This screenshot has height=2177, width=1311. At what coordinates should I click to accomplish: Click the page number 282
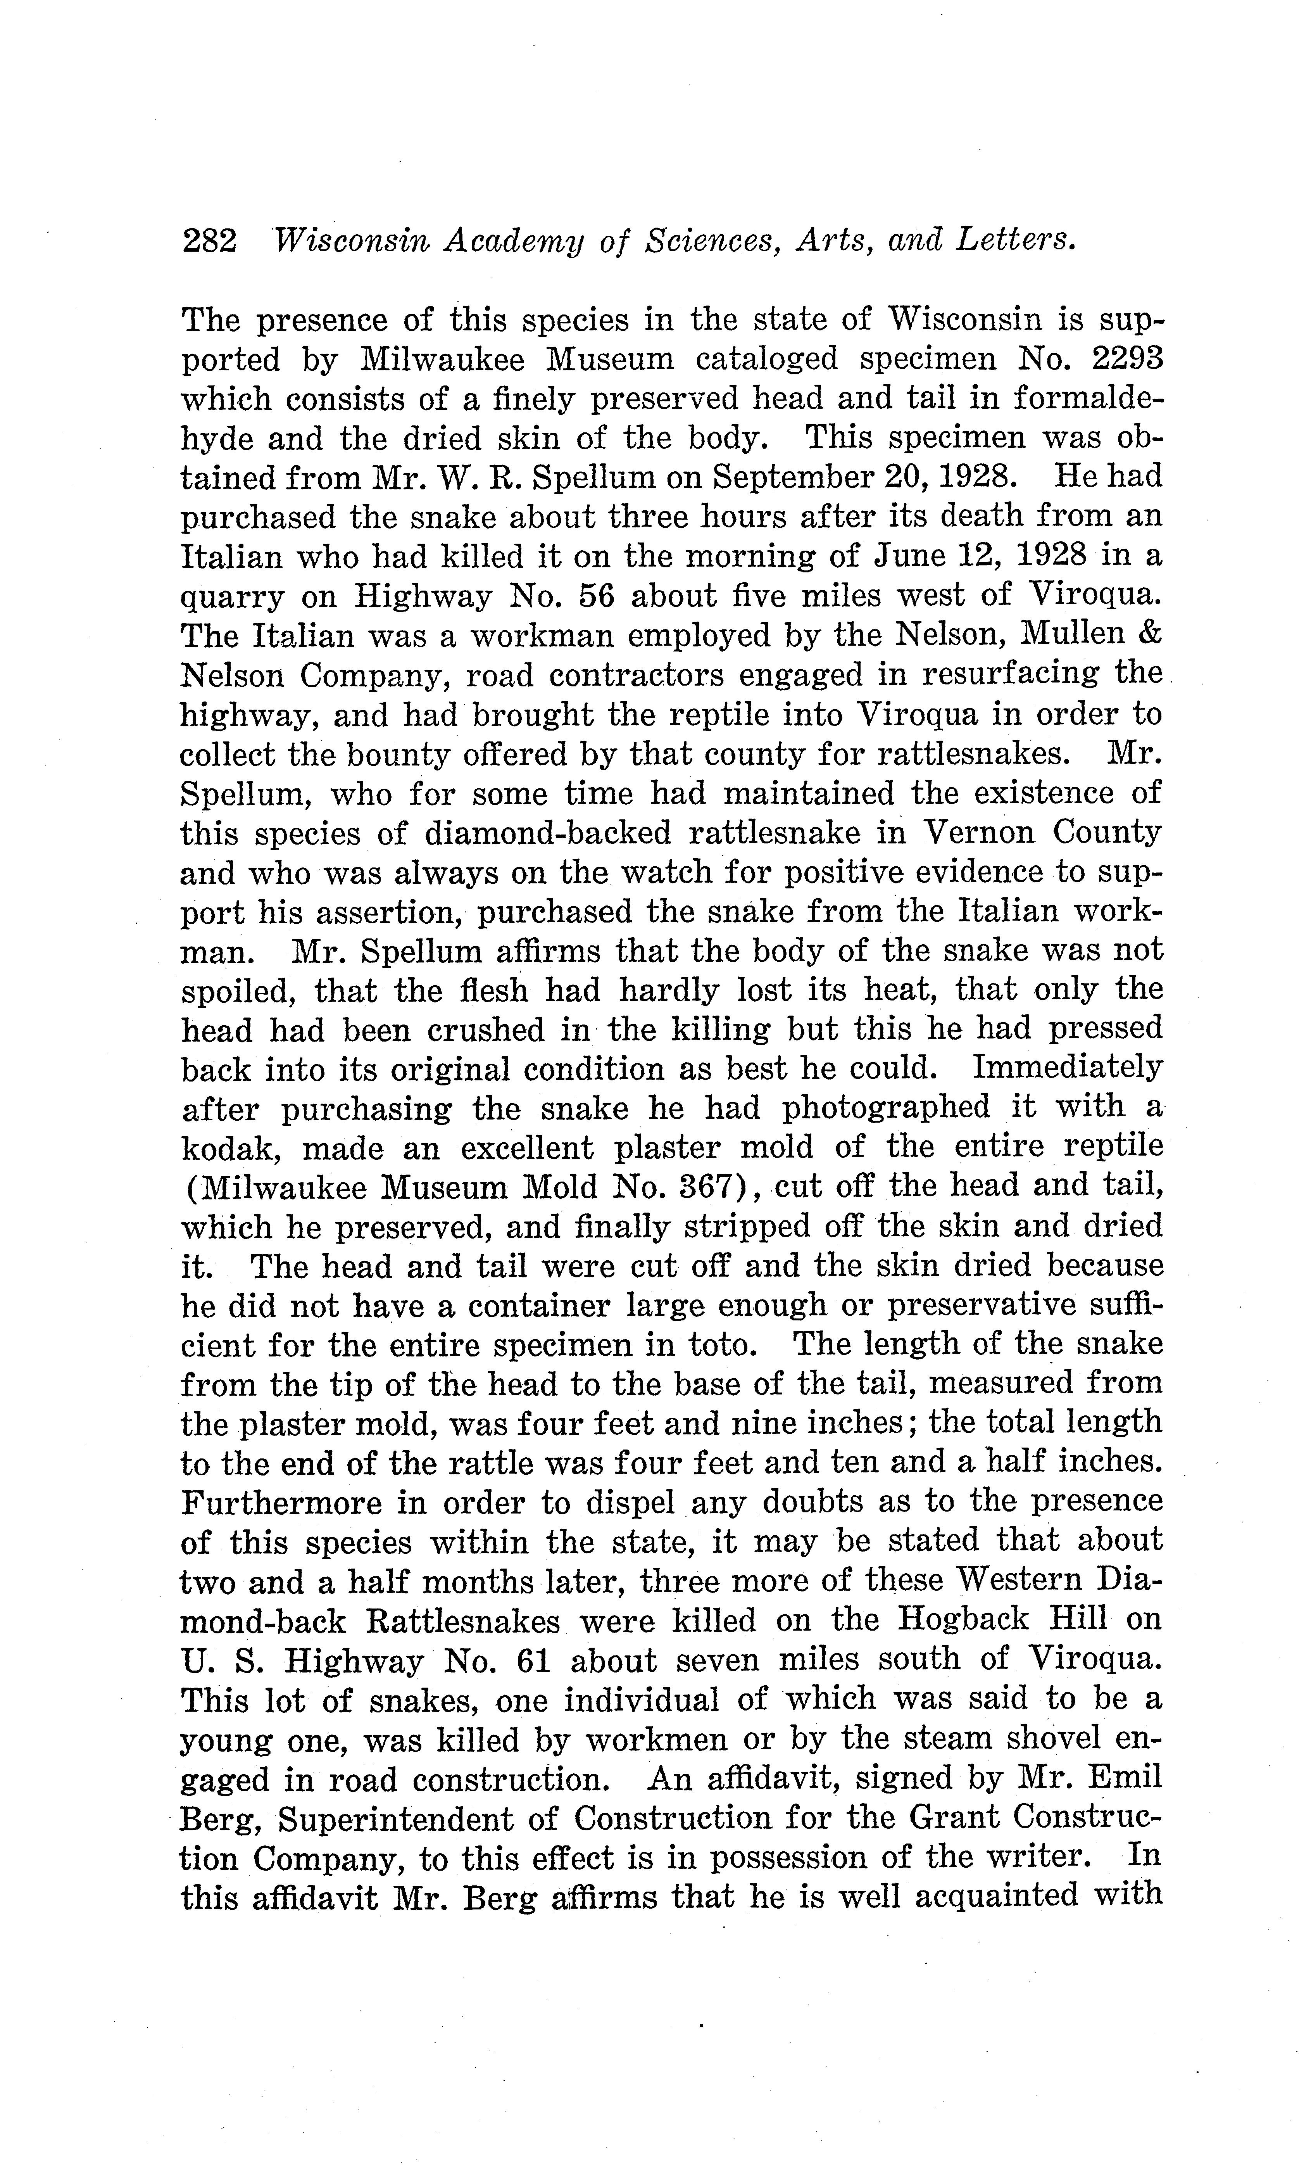209,241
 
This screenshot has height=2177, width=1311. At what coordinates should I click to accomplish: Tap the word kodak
232,1149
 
